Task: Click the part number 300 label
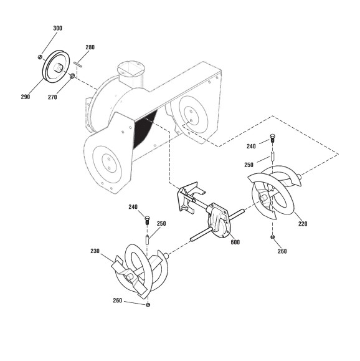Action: pyautogui.click(x=57, y=28)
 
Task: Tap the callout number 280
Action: pyautogui.click(x=90, y=47)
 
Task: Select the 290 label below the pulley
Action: pyautogui.click(x=26, y=97)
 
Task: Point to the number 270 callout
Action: pyautogui.click(x=52, y=97)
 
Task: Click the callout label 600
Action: pyautogui.click(x=235, y=242)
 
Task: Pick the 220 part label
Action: pyautogui.click(x=303, y=224)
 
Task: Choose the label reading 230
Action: pyautogui.click(x=95, y=251)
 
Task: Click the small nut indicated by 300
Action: pyautogui.click(x=40, y=57)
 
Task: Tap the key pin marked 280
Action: pyautogui.click(x=78, y=64)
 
